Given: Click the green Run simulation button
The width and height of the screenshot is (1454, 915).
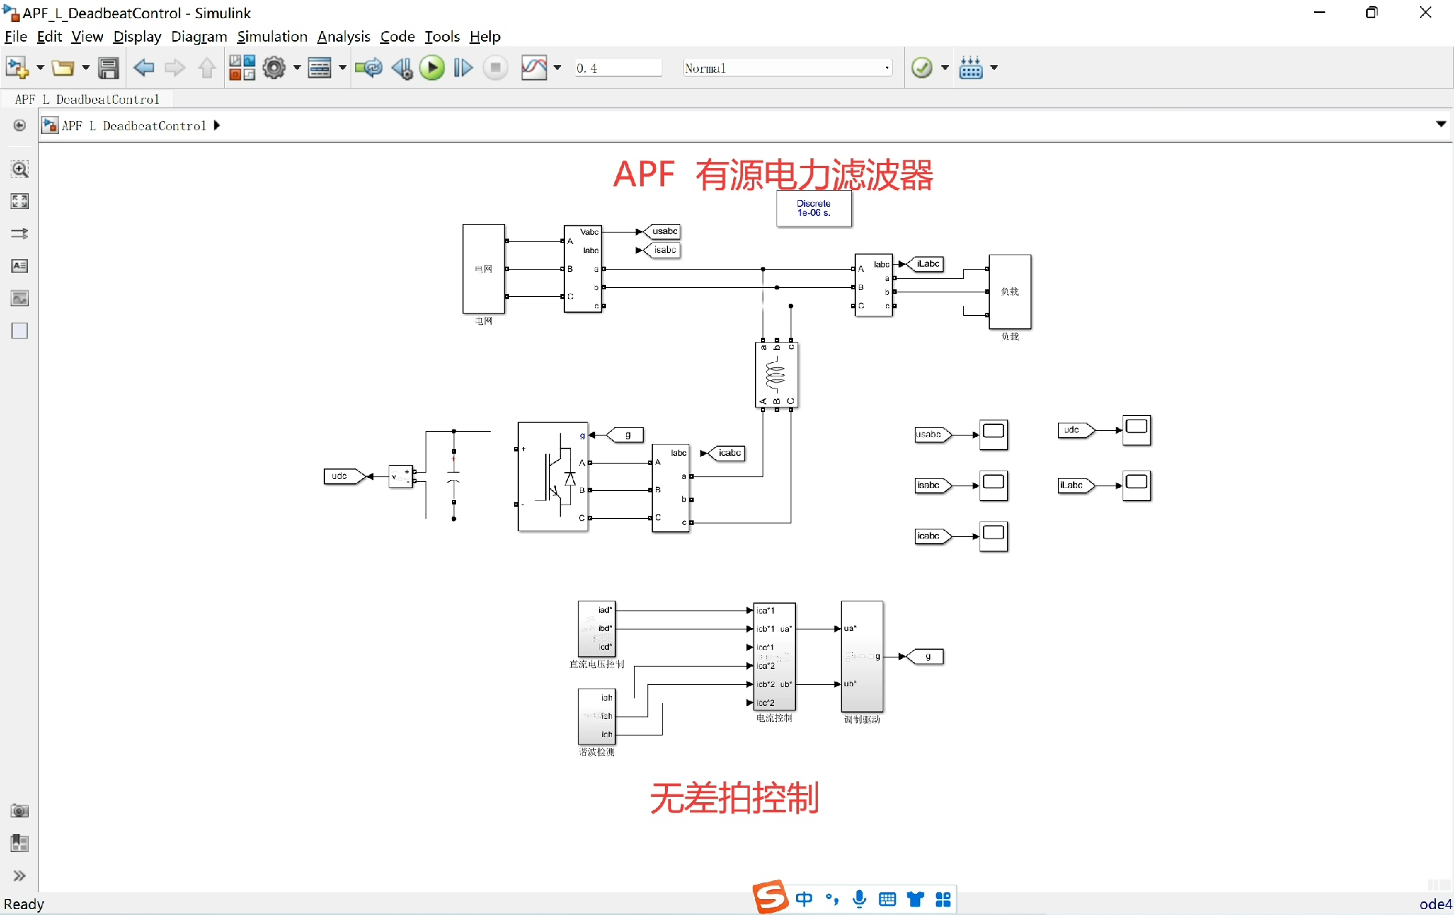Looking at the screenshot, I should point(432,68).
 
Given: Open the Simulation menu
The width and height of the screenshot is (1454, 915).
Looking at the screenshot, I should point(272,36).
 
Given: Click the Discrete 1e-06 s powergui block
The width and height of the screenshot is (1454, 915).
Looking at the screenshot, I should point(814,208).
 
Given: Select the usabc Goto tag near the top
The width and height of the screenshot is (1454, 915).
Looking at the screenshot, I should point(663,232).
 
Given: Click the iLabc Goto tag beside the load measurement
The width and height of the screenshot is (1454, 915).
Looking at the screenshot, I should point(927,264).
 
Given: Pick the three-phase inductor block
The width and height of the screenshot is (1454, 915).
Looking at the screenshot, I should point(776,375).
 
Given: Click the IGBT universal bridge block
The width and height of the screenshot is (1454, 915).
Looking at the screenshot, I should point(553,476).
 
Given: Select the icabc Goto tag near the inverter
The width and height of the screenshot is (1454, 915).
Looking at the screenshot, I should point(729,454).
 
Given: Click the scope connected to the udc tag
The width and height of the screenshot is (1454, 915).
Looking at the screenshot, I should point(1136,430).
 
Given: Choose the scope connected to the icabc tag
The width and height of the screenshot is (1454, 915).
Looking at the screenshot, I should point(994,536).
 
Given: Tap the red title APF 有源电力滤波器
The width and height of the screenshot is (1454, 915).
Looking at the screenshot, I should point(772,175).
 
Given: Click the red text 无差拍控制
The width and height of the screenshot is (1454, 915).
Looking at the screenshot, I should point(734,798).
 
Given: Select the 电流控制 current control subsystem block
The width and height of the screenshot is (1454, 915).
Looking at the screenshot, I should point(774,656).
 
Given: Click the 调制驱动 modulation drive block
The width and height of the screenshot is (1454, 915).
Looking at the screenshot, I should point(862,656).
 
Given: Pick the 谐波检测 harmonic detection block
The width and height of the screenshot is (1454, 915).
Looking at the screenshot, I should point(597,716).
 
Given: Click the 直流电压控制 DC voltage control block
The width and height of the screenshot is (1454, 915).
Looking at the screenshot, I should point(597,629).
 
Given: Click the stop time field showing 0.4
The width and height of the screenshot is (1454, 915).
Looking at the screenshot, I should point(617,68).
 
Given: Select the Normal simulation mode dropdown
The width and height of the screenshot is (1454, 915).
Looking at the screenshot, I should point(786,68).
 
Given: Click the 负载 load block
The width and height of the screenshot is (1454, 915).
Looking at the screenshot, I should point(1009,292).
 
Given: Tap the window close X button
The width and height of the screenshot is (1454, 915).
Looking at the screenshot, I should point(1425,13).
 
